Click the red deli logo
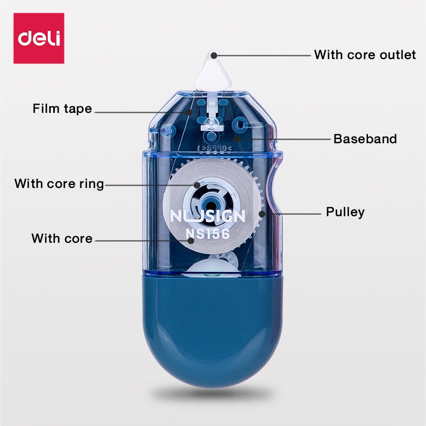[39, 38]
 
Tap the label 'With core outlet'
[365, 55]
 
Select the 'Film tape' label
[62, 109]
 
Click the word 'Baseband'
[365, 139]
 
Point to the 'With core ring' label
[59, 184]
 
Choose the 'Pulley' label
[345, 212]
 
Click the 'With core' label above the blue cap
[62, 239]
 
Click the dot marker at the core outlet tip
[214, 56]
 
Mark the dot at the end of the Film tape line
[189, 112]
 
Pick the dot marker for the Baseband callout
[237, 139]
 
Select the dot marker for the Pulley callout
[262, 214]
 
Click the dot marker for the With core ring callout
[197, 185]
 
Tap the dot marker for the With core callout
[191, 241]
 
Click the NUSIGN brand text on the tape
[208, 217]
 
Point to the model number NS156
[208, 234]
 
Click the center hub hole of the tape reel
[210, 204]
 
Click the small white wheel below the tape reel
[214, 266]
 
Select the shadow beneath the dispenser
[212, 393]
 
